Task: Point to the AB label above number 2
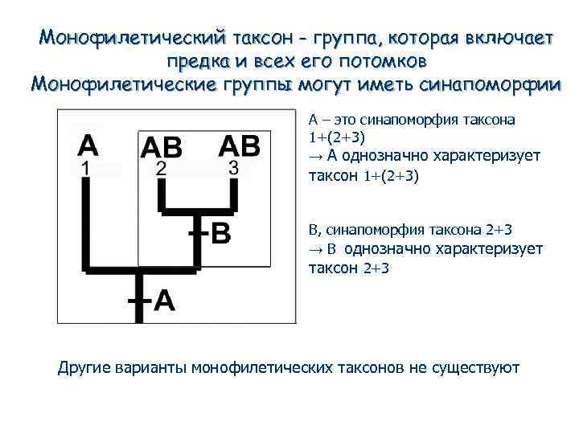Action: tap(162, 146)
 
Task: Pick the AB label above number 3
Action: tap(239, 145)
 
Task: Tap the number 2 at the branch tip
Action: tap(162, 169)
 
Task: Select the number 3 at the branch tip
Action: tap(233, 168)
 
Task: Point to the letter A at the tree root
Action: tap(163, 300)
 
